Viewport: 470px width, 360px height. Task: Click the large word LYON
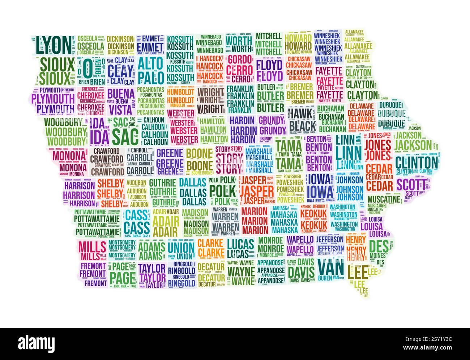pos(53,44)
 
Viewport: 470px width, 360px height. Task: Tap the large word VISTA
pos(121,109)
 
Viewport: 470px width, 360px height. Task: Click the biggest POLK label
pos(222,189)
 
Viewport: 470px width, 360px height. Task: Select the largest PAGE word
pos(122,277)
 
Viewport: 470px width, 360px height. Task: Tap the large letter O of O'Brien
pos(87,68)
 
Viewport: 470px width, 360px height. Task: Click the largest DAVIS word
pos(301,271)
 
